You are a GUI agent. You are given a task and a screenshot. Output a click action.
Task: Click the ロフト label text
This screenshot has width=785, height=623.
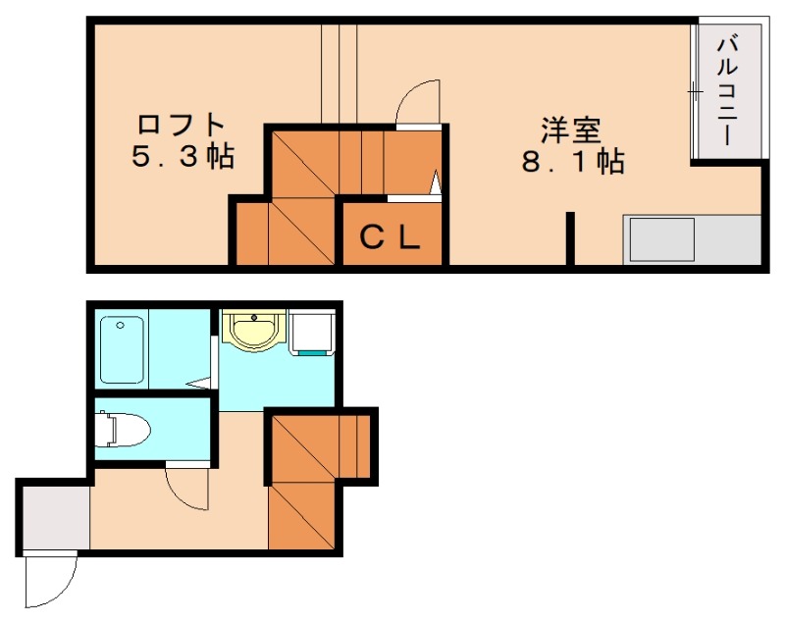(181, 123)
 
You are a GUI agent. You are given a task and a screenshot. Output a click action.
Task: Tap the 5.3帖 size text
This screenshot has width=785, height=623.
(183, 156)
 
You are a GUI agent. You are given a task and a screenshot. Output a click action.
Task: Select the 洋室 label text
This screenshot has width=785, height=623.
(571, 130)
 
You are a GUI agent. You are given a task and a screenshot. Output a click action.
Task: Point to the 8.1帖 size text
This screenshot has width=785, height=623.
(573, 161)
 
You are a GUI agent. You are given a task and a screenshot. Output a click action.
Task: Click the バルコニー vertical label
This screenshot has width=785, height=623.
(727, 90)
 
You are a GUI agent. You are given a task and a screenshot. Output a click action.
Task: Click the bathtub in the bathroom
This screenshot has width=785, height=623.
(122, 349)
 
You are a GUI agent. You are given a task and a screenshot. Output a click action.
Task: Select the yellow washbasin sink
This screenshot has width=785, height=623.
(253, 330)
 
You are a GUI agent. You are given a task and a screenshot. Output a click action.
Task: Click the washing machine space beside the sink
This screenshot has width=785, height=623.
(311, 333)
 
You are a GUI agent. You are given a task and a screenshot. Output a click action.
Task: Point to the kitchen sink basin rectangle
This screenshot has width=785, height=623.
(661, 239)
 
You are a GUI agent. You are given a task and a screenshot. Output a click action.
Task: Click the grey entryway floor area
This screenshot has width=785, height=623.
(56, 518)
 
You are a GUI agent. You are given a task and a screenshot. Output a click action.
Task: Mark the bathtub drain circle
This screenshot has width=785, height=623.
(120, 326)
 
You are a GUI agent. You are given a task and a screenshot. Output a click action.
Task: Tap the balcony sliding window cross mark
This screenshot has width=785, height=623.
(695, 92)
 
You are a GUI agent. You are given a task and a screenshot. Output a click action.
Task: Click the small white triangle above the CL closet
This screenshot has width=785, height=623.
(436, 182)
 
